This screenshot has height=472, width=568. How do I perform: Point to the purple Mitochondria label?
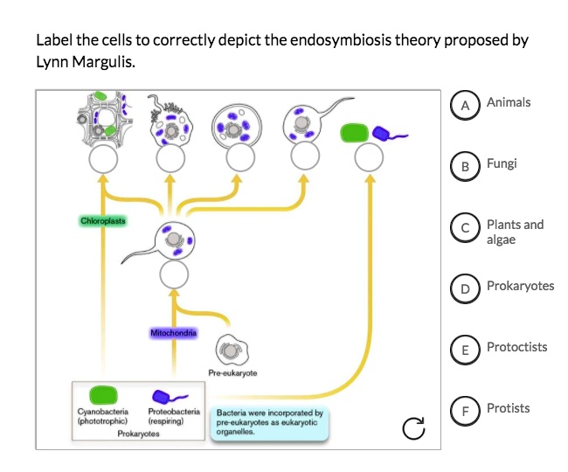click(174, 333)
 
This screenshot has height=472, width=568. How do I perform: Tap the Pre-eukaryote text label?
click(232, 373)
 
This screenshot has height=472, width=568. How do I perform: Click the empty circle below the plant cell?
click(103, 158)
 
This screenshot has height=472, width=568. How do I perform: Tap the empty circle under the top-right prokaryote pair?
click(371, 158)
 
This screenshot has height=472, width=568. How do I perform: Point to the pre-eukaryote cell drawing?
click(230, 350)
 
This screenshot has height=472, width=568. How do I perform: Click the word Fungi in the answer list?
click(502, 163)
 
